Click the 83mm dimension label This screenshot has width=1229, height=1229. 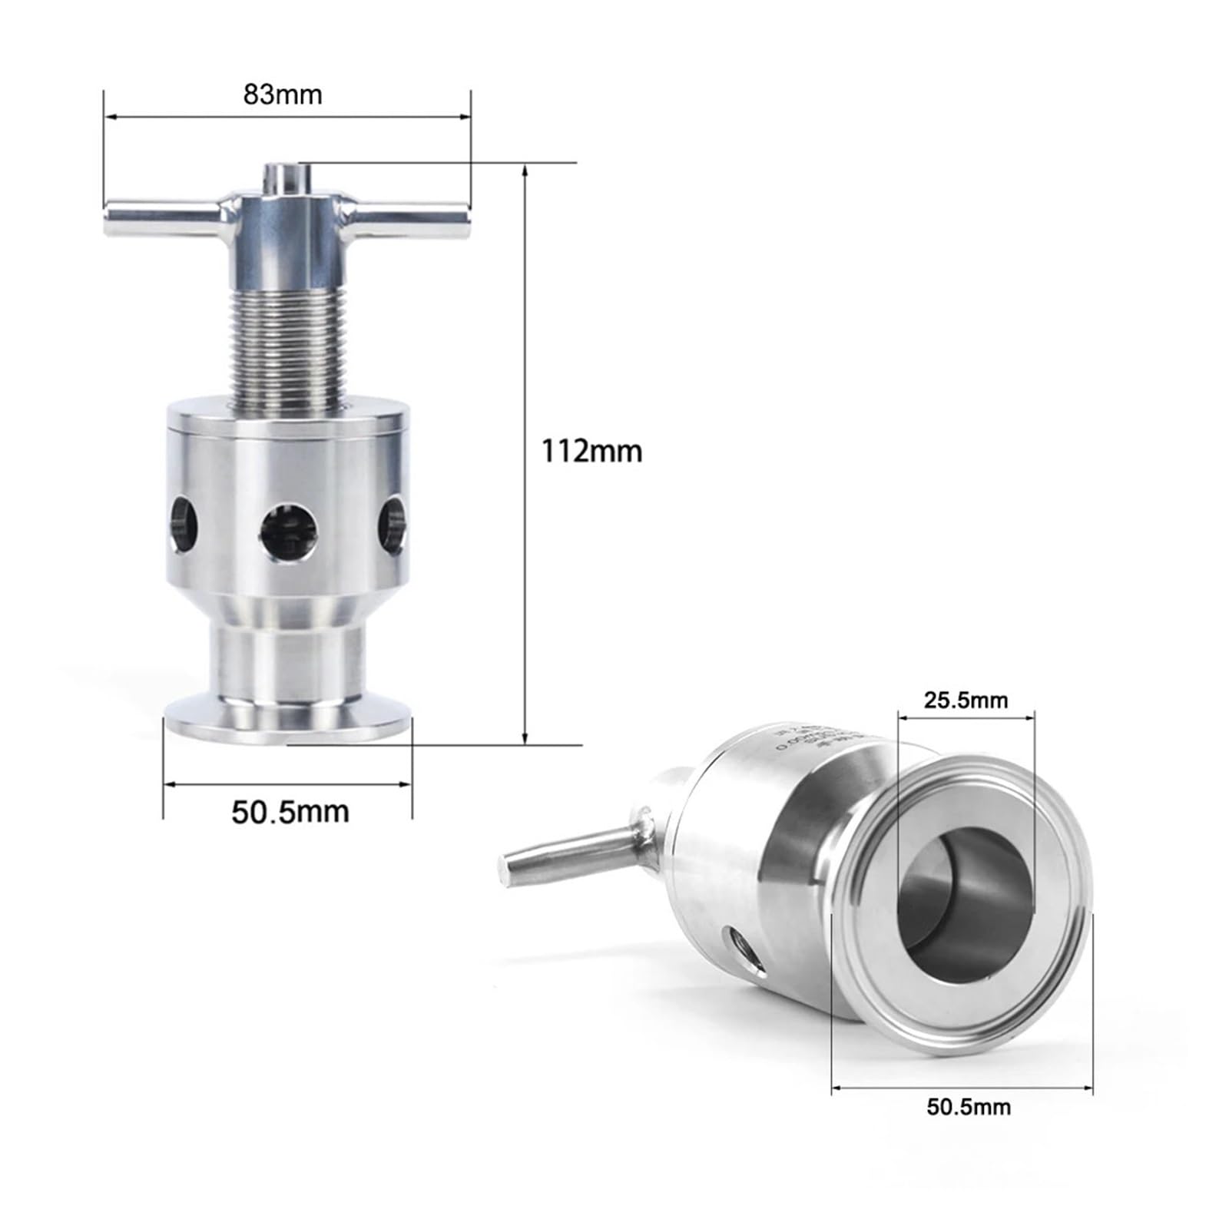pyautogui.click(x=283, y=94)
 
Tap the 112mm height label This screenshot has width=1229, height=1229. pyautogui.click(x=591, y=451)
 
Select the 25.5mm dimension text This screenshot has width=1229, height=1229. pyautogui.click(x=965, y=701)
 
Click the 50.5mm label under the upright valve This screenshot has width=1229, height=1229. pyautogui.click(x=290, y=812)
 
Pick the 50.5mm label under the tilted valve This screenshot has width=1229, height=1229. pyautogui.click(x=968, y=1107)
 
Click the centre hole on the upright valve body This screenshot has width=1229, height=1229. pyautogui.click(x=287, y=532)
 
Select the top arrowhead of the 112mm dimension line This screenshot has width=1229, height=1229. pyautogui.click(x=525, y=171)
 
